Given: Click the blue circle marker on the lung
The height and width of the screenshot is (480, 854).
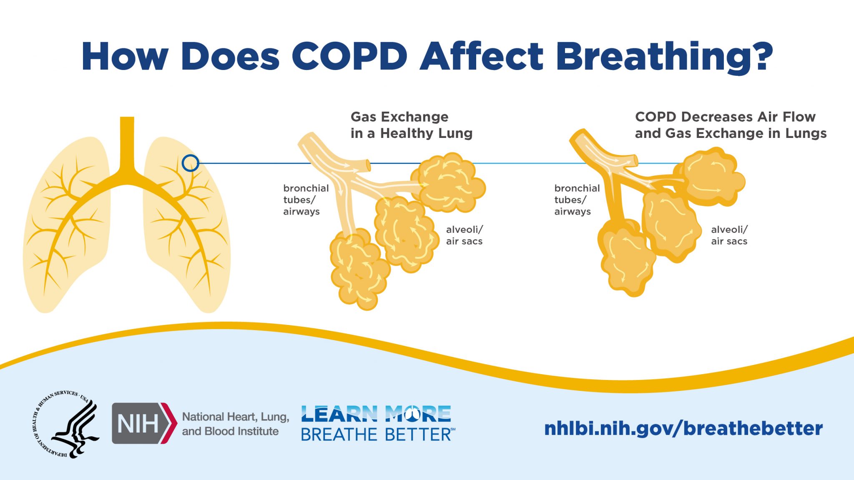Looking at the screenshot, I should pyautogui.click(x=190, y=163).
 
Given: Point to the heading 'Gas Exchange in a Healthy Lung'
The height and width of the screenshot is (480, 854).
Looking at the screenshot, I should pyautogui.click(x=411, y=125).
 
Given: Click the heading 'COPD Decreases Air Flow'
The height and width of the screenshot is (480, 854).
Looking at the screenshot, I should pyautogui.click(x=725, y=117).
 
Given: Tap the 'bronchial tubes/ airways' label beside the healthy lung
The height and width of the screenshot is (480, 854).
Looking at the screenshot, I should pyautogui.click(x=306, y=200).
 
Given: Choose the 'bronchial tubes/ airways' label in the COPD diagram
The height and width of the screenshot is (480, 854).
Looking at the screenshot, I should pyautogui.click(x=577, y=200).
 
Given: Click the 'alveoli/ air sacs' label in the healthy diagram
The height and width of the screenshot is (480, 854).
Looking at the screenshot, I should pyautogui.click(x=464, y=235).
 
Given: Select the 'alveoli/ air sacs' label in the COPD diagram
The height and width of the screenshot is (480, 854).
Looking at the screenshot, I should pyautogui.click(x=729, y=235).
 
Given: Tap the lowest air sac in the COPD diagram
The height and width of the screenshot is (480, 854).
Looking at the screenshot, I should pyautogui.click(x=625, y=258).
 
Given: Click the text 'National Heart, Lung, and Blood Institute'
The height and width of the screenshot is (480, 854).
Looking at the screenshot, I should pyautogui.click(x=235, y=424).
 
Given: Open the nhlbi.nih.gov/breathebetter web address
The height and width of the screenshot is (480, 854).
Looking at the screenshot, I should pyautogui.click(x=683, y=428).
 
